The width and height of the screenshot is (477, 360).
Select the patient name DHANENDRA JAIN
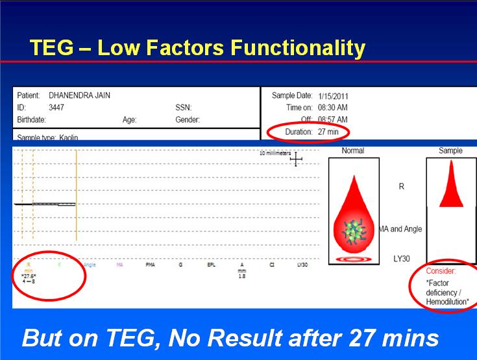pyautogui.click(x=80, y=96)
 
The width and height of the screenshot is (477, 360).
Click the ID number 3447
pyautogui.click(x=56, y=108)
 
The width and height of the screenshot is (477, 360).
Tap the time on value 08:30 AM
pyautogui.click(x=332, y=108)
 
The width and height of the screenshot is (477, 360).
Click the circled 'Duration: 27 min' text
pyautogui.click(x=309, y=132)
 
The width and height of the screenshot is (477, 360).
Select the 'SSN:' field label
pyautogui.click(x=183, y=108)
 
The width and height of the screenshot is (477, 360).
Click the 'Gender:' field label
pyautogui.click(x=187, y=119)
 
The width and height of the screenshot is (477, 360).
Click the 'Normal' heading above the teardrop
pyautogui.click(x=352, y=150)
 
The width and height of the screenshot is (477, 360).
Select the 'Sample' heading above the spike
pyautogui.click(x=450, y=150)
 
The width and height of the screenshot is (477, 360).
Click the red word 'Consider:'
pyautogui.click(x=441, y=270)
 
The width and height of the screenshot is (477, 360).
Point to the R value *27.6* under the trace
pyautogui.click(x=29, y=276)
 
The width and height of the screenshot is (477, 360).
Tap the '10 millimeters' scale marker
pyautogui.click(x=273, y=153)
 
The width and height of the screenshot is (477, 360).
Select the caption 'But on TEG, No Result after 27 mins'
pyautogui.click(x=230, y=337)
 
